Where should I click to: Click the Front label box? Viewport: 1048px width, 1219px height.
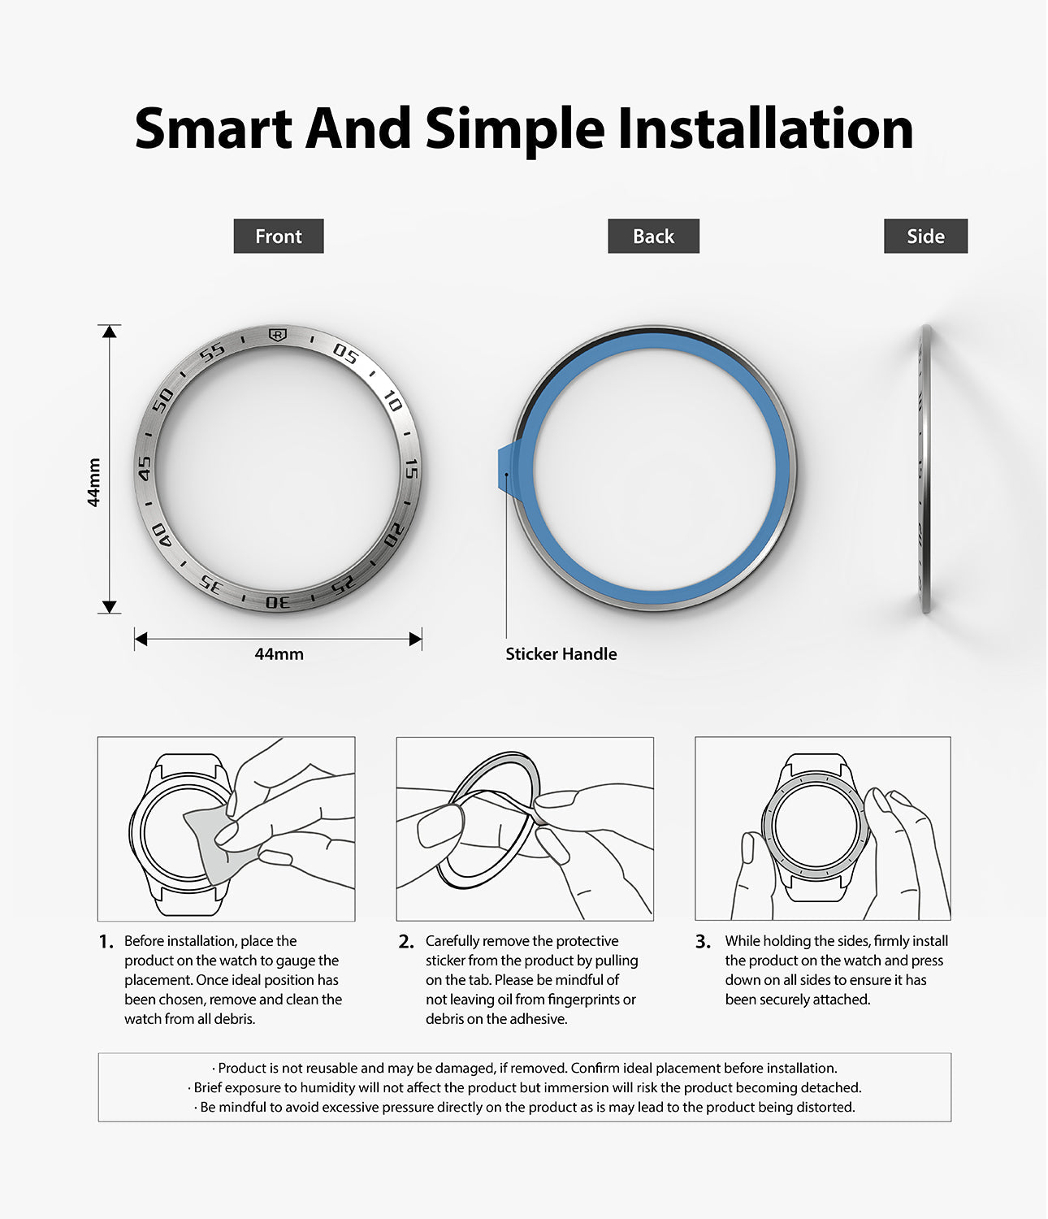[x=278, y=236]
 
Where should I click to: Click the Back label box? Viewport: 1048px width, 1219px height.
[x=653, y=236]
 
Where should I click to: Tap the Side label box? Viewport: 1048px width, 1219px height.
[x=925, y=236]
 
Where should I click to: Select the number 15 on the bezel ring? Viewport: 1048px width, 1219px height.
[x=411, y=469]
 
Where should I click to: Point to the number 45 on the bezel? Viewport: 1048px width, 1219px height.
[x=145, y=468]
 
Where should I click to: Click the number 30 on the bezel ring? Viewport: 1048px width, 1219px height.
[x=278, y=602]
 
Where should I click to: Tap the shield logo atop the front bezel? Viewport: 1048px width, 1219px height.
[x=278, y=335]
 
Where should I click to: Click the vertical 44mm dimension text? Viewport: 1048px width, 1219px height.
[x=93, y=482]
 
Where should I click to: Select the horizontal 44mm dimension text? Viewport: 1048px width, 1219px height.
[x=279, y=653]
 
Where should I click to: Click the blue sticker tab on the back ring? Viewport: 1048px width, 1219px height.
[x=506, y=468]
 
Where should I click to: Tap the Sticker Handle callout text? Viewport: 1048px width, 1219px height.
[x=561, y=653]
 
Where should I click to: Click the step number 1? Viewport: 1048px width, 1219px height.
[x=106, y=942]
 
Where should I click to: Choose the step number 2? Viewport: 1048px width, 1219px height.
[x=405, y=942]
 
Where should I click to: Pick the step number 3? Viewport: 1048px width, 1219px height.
[x=703, y=942]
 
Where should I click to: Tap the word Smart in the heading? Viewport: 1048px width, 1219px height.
[x=214, y=129]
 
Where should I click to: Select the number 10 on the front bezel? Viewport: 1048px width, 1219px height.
[x=392, y=401]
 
